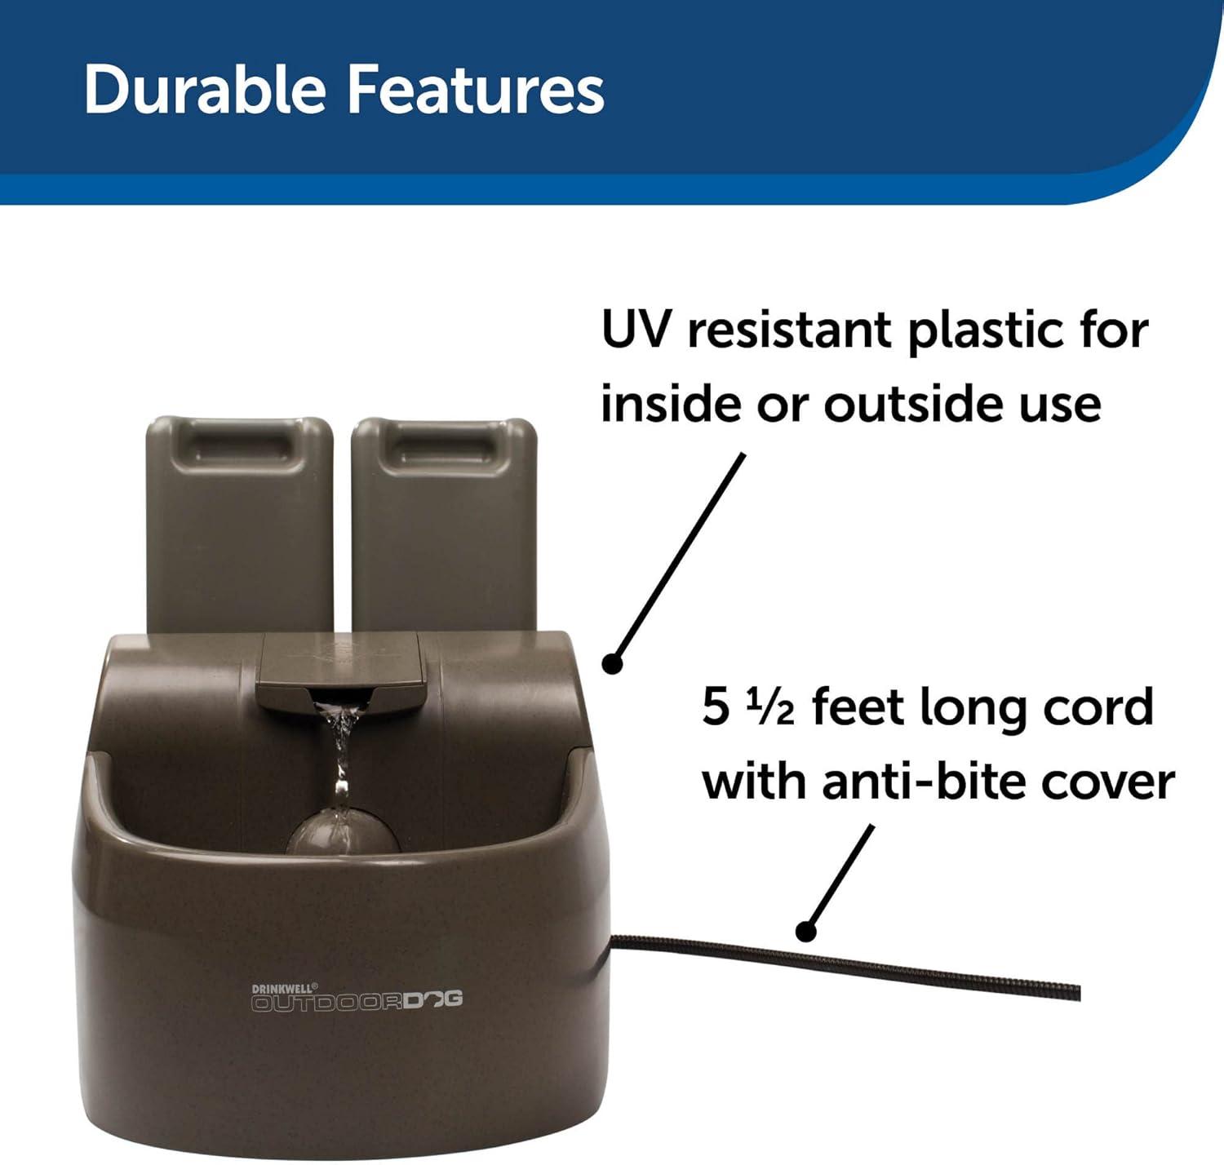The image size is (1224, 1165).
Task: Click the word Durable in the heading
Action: tap(205, 91)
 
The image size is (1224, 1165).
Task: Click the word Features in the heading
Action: tap(475, 91)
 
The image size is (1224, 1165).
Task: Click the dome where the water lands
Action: tap(343, 832)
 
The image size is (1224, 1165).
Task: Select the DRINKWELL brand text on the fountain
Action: tap(285, 987)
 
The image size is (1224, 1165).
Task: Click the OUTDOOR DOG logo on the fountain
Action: tap(357, 1000)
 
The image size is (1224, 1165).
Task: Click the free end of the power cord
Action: tap(1078, 992)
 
